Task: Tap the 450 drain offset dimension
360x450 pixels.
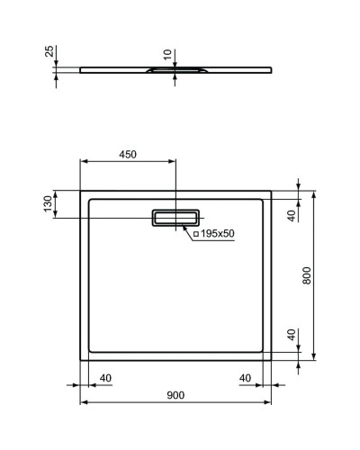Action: coord(127,154)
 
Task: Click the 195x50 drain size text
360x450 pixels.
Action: coord(217,234)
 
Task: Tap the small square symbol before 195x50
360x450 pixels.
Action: coord(195,234)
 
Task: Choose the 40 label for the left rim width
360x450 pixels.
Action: coord(104,377)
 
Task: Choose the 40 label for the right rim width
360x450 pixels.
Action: coord(245,377)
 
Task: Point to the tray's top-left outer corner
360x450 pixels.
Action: coord(81,190)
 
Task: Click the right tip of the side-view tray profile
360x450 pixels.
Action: coord(274,68)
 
